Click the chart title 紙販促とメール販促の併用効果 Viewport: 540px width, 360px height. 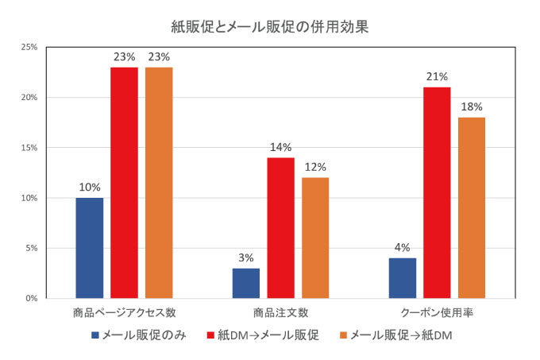click(x=270, y=27)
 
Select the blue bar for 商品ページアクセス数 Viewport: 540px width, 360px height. click(x=90, y=248)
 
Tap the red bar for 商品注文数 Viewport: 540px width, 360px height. click(x=280, y=228)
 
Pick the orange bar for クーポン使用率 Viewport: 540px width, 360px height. click(x=472, y=208)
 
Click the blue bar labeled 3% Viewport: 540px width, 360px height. click(x=246, y=283)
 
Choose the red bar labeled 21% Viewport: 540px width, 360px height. click(x=437, y=193)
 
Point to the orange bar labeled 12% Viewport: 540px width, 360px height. click(x=315, y=238)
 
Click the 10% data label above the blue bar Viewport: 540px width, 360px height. click(x=90, y=188)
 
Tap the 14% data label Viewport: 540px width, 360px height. click(x=280, y=148)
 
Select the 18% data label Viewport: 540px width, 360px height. click(x=472, y=107)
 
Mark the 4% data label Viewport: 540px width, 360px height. click(x=403, y=248)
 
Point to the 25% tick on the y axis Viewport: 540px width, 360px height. click(x=29, y=47)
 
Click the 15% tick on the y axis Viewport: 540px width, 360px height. click(x=29, y=148)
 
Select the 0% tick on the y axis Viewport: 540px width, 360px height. click(x=31, y=298)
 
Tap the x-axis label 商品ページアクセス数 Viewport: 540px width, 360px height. click(x=125, y=313)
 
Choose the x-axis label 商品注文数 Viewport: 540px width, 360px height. click(x=280, y=313)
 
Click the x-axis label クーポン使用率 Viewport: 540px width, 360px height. click(x=437, y=313)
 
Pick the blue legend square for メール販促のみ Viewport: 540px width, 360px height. click(x=95, y=335)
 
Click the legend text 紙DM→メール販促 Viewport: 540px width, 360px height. click(x=268, y=335)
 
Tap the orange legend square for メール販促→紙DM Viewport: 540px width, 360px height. click(x=343, y=335)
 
